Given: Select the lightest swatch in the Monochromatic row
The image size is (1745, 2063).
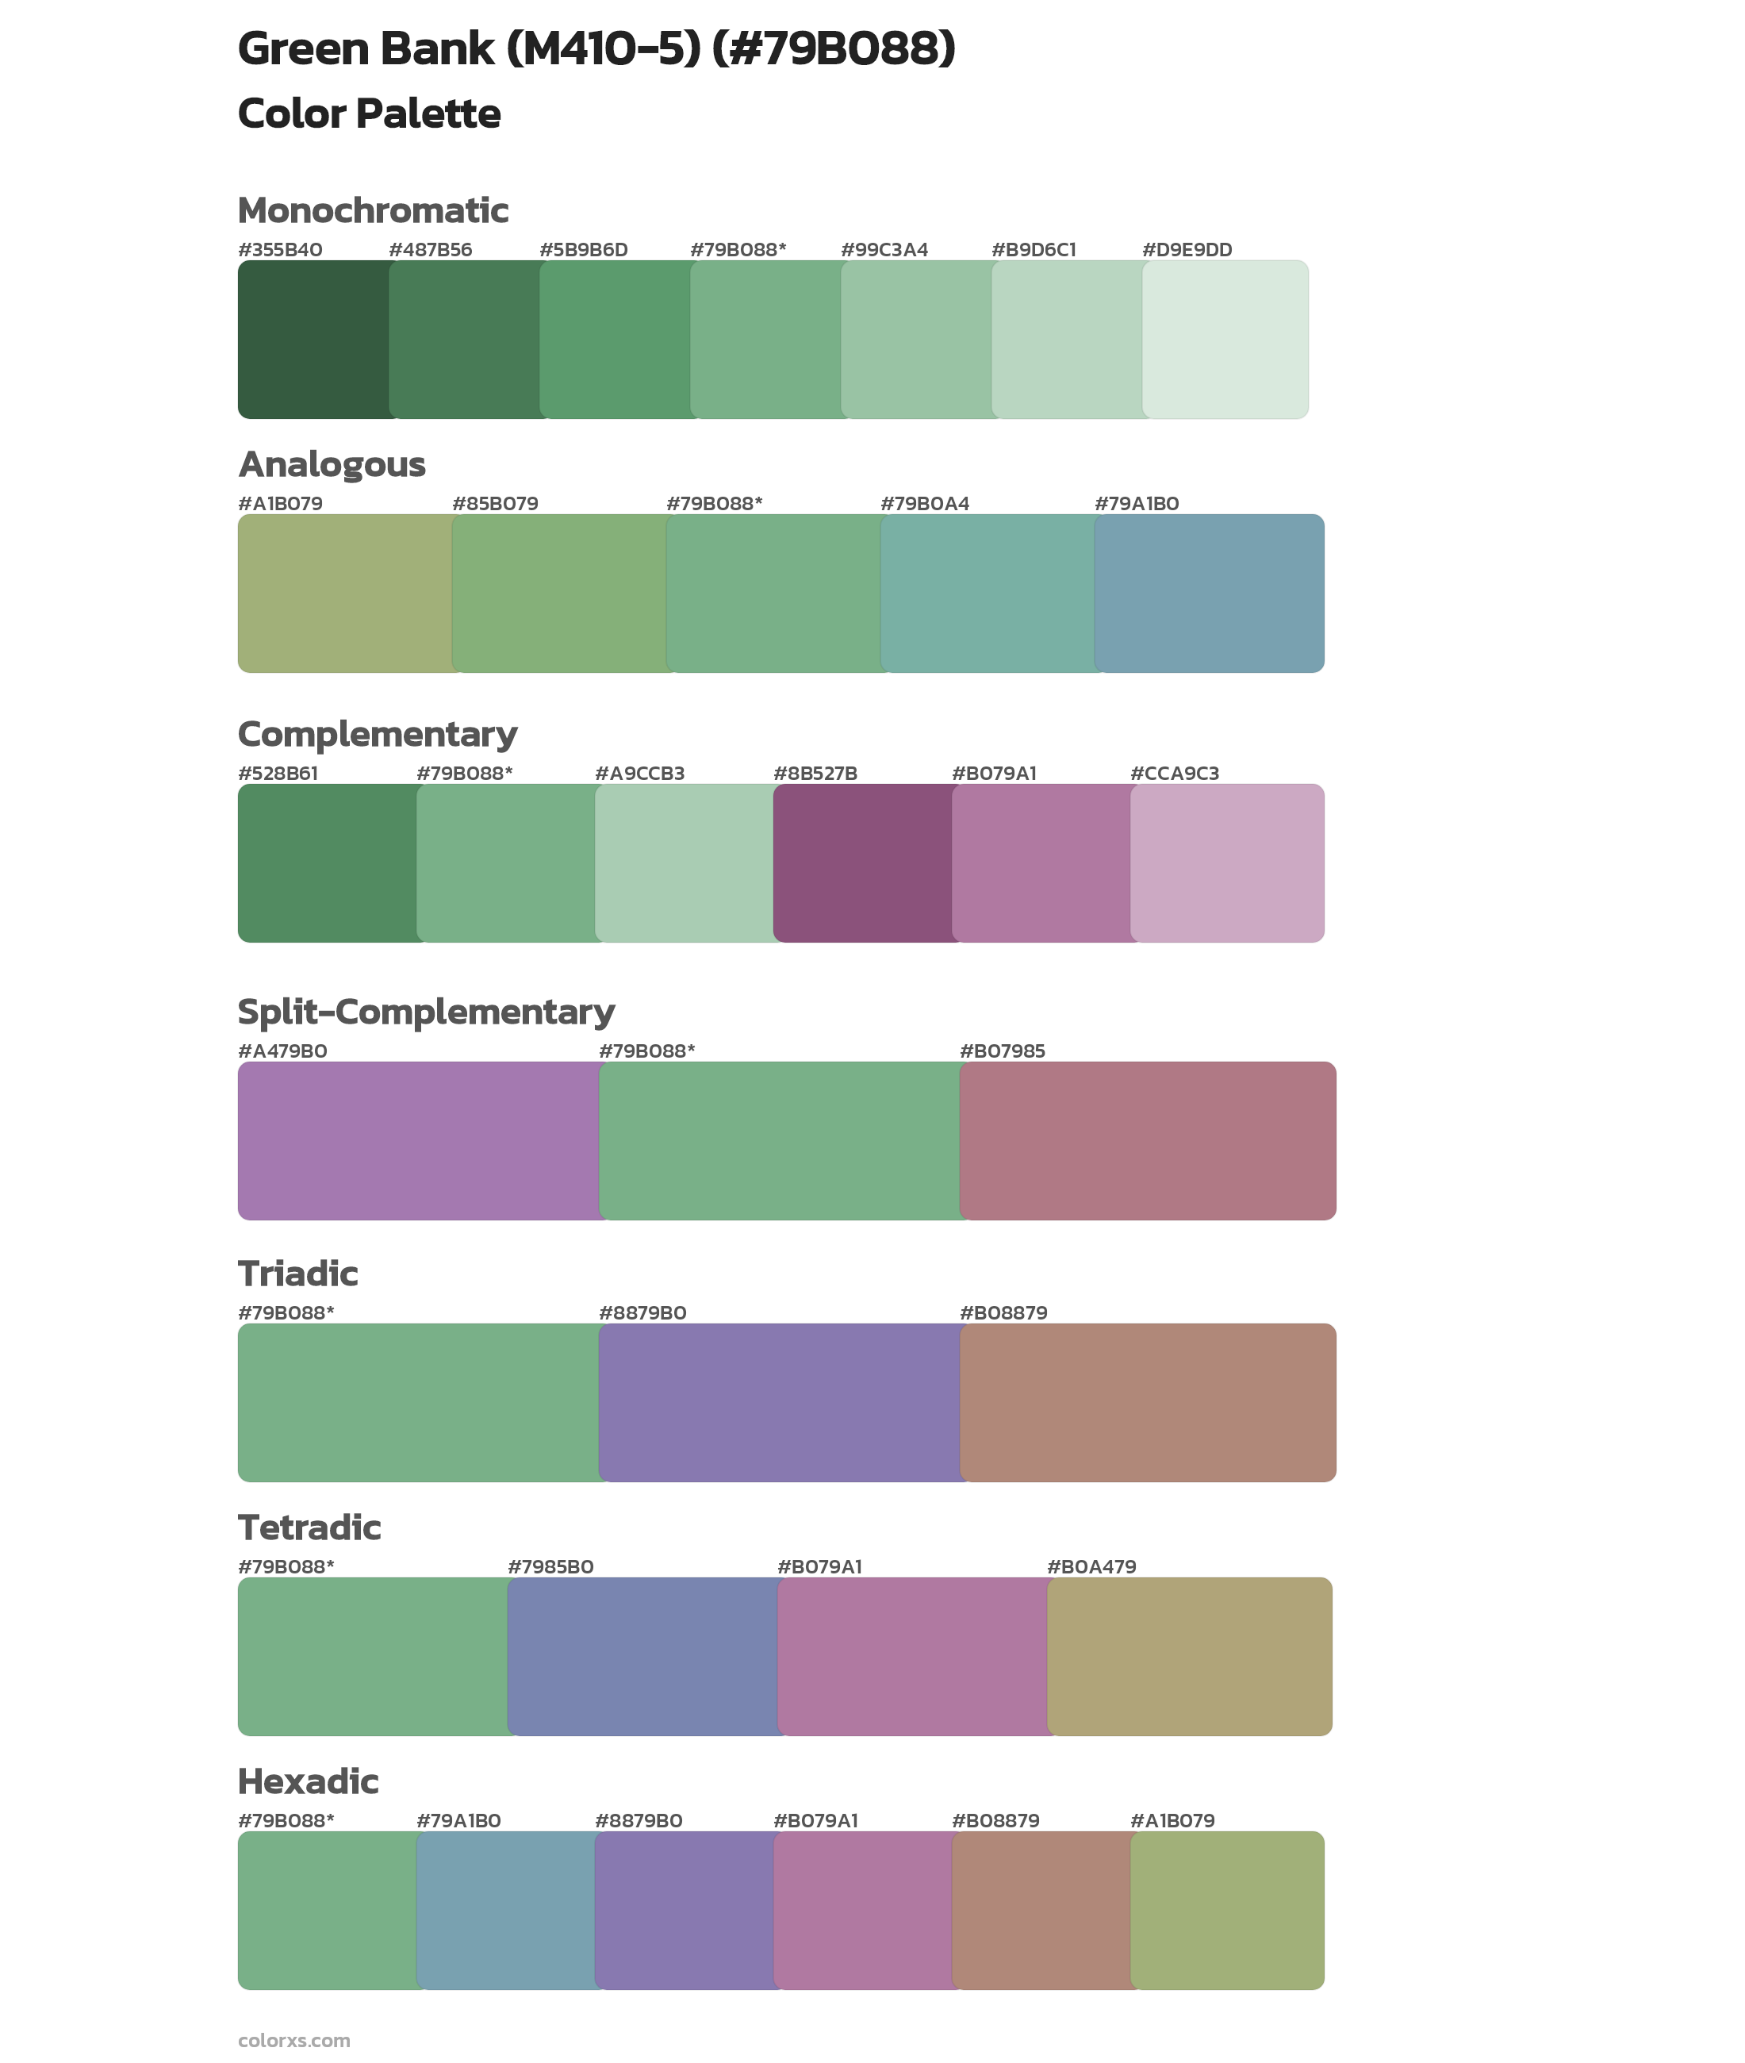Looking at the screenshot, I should pyautogui.click(x=1225, y=340).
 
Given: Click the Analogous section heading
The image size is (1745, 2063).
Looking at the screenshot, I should pyautogui.click(x=332, y=464).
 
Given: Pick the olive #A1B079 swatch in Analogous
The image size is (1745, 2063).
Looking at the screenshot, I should pyautogui.click(x=345, y=593).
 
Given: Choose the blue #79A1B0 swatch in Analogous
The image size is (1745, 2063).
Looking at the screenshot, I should pyautogui.click(x=1209, y=593).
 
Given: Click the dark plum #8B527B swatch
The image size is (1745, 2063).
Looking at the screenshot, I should pyautogui.click(x=863, y=862).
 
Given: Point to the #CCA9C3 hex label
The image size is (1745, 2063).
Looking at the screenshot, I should pyautogui.click(x=1174, y=773).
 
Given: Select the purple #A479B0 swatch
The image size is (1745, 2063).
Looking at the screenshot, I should pyautogui.click(x=419, y=1140).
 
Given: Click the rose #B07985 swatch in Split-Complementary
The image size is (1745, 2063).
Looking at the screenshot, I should pyautogui.click(x=1148, y=1140).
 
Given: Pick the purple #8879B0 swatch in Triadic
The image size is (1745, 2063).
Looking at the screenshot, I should pyautogui.click(x=780, y=1402).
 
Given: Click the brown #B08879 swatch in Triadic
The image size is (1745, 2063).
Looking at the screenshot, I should pyautogui.click(x=1148, y=1402).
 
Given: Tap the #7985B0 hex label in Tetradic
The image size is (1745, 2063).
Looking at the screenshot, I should pyautogui.click(x=550, y=1566).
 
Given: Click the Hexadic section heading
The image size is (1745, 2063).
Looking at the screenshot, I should pyautogui.click(x=308, y=1781).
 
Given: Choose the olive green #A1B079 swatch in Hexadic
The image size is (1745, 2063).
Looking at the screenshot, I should pyautogui.click(x=1226, y=1910).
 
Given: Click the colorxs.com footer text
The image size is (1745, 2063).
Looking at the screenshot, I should pyautogui.click(x=293, y=2039).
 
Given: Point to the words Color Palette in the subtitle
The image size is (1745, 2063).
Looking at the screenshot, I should pyautogui.click(x=369, y=113).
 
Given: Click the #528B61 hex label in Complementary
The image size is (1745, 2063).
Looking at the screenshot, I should pyautogui.click(x=278, y=773).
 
